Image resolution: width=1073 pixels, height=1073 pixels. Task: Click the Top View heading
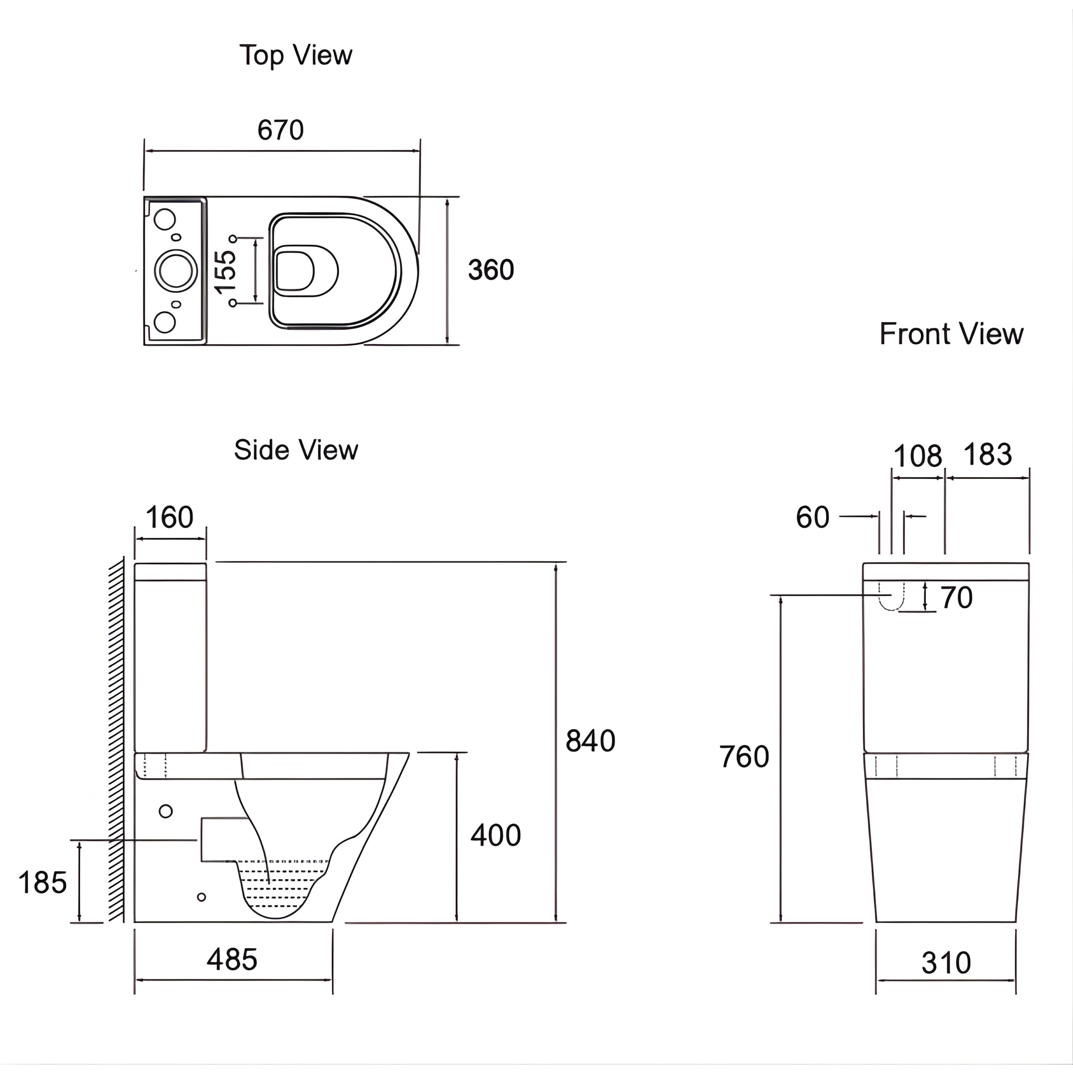coord(295,56)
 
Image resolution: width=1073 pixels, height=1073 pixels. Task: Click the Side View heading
coord(295,450)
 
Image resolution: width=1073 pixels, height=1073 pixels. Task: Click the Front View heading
coord(951,334)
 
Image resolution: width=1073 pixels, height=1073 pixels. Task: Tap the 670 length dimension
coord(280,130)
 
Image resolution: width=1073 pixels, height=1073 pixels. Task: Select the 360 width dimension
coord(491,270)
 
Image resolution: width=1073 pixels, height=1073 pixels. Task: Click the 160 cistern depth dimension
coord(169,518)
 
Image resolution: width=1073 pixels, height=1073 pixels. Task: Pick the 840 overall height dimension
coord(590,741)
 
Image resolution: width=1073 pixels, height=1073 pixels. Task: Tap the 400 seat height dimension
coord(496,835)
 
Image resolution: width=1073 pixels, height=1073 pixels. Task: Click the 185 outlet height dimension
coord(42,882)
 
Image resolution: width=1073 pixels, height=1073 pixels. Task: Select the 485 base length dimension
coord(232,960)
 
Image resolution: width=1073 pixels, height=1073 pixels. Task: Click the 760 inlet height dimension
coord(743,757)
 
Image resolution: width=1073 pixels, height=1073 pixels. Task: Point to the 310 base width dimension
coord(946,963)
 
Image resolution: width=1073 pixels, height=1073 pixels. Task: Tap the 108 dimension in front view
coord(917,456)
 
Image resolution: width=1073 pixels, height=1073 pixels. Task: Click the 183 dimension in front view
coord(988,454)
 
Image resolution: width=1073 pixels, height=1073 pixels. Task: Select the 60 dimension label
coord(813,518)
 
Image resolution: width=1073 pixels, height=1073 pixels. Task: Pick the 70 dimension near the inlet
coord(956,598)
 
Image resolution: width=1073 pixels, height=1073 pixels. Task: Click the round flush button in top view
coord(176,270)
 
